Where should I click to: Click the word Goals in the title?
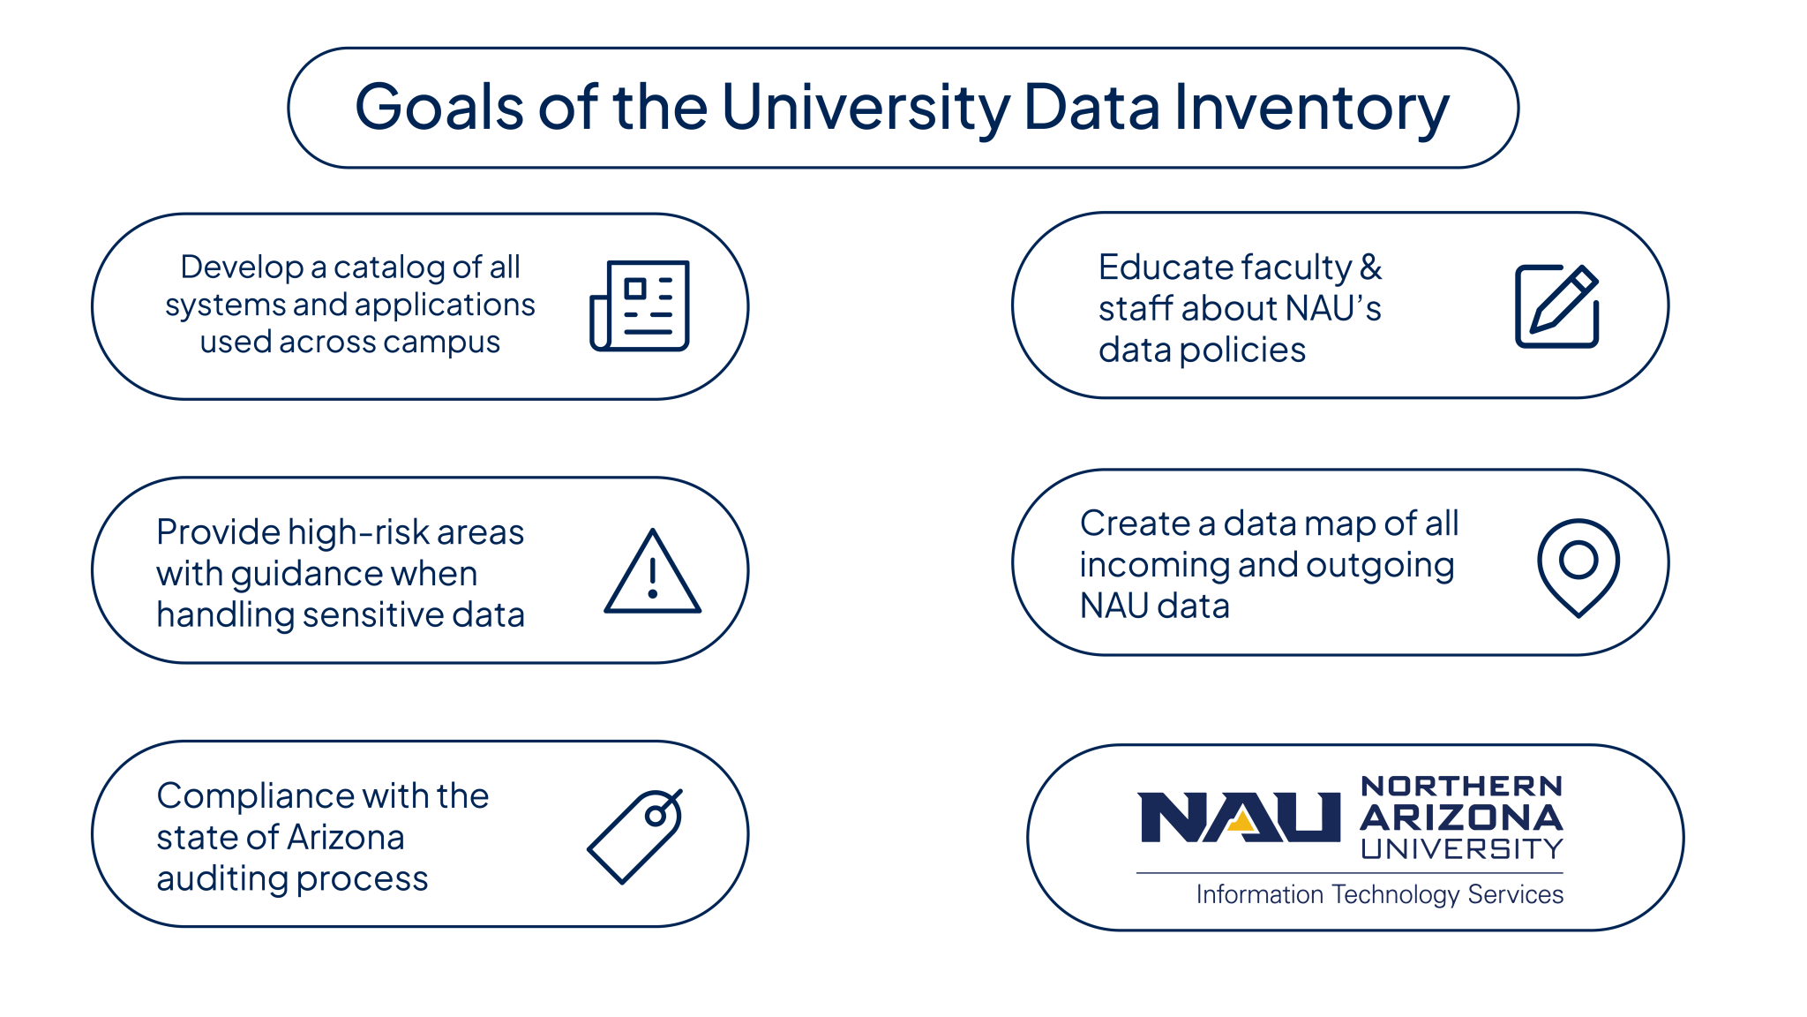tap(439, 108)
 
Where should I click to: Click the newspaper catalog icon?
tap(640, 305)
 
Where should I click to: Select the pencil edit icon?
tap(1557, 305)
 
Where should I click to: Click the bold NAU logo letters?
tap(1239, 817)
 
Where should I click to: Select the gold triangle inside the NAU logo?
tap(1242, 823)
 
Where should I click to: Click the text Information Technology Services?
tap(1380, 894)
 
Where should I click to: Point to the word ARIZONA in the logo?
tap(1461, 817)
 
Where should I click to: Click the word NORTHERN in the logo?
tap(1462, 786)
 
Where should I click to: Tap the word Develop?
tap(242, 267)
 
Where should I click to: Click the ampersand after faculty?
tap(1371, 267)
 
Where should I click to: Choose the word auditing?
tap(221, 879)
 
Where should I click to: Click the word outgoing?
tap(1380, 566)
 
